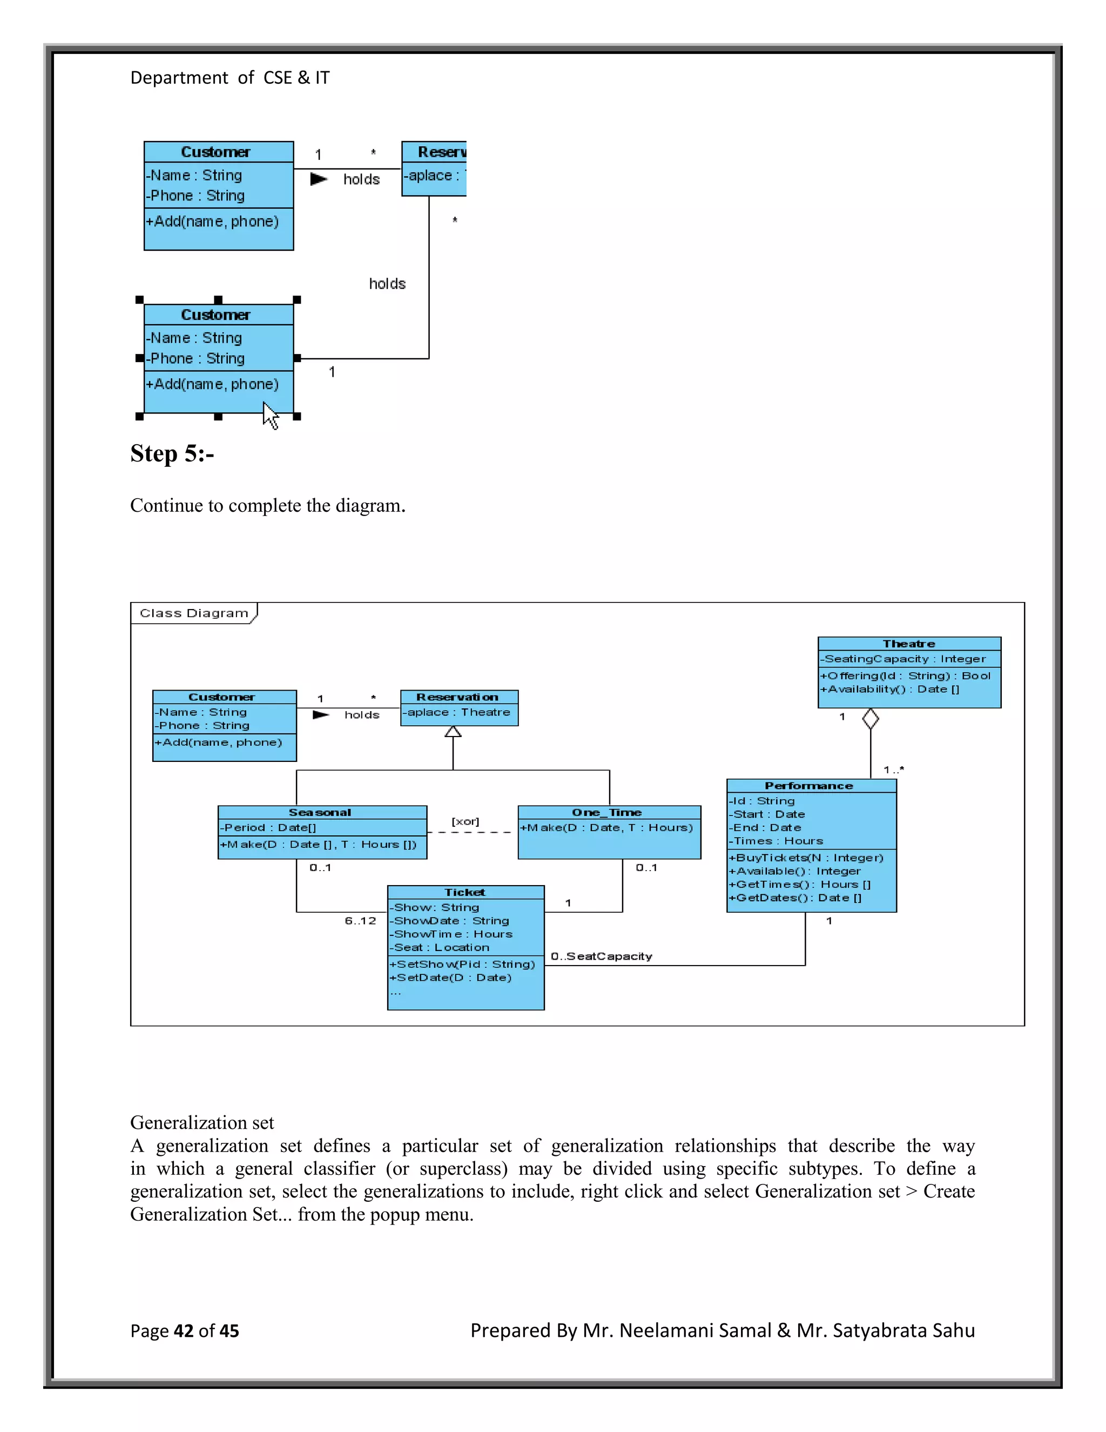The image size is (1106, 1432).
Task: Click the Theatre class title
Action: coord(909,644)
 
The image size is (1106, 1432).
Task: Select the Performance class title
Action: coord(809,786)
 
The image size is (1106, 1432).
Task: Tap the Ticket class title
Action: coord(465,892)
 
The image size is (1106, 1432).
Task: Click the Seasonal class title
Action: coord(320,812)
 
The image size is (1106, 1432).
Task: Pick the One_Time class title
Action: coord(608,812)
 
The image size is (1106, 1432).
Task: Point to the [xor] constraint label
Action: coord(465,821)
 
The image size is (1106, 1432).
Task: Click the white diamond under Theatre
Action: coord(870,719)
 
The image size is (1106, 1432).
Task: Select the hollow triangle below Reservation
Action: coord(453,732)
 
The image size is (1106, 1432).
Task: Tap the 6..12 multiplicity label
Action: coord(360,921)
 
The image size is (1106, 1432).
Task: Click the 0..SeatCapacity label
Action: coord(602,956)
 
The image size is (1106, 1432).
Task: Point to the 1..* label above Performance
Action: coord(893,769)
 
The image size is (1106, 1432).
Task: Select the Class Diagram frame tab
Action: coord(194,613)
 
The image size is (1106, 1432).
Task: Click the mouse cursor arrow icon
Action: coord(270,415)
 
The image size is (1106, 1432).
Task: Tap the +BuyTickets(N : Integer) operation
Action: coord(806,858)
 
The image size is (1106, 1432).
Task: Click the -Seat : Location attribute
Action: coord(440,947)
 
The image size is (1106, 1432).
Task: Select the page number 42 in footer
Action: coord(184,1331)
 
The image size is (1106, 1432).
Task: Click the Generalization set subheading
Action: coord(202,1122)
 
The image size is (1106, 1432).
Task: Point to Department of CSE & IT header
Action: coord(230,78)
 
